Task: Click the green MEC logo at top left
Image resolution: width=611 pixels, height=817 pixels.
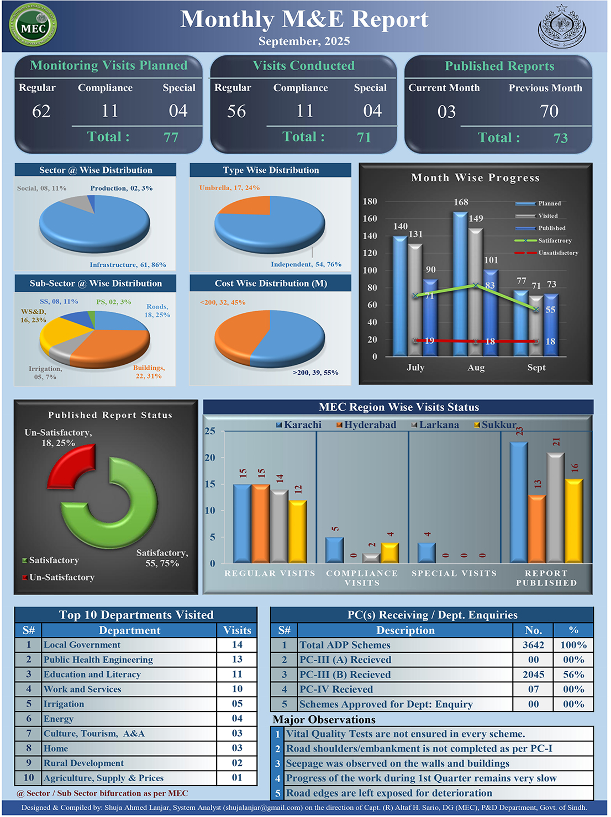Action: [x=33, y=25]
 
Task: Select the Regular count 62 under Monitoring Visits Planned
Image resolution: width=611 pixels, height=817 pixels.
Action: [x=41, y=112]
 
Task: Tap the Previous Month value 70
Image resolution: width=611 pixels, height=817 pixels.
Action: [x=549, y=112]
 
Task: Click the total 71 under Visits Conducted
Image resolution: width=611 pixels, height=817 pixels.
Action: [x=364, y=137]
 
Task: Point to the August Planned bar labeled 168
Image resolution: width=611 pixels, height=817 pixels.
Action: [x=460, y=282]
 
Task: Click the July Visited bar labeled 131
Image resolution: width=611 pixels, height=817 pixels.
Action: [x=415, y=298]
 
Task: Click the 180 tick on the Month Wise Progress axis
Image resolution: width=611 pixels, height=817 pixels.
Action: [x=370, y=202]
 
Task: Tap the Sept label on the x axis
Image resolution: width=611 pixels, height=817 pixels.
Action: [x=536, y=368]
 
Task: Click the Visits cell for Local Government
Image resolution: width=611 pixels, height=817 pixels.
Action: [x=237, y=645]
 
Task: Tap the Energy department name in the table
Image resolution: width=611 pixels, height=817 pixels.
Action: [x=59, y=719]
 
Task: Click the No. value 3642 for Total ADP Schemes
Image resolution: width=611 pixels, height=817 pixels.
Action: [x=533, y=645]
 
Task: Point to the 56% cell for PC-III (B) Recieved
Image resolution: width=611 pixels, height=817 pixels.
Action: [x=573, y=674]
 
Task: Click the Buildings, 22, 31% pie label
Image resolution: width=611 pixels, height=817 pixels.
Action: [x=149, y=372]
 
